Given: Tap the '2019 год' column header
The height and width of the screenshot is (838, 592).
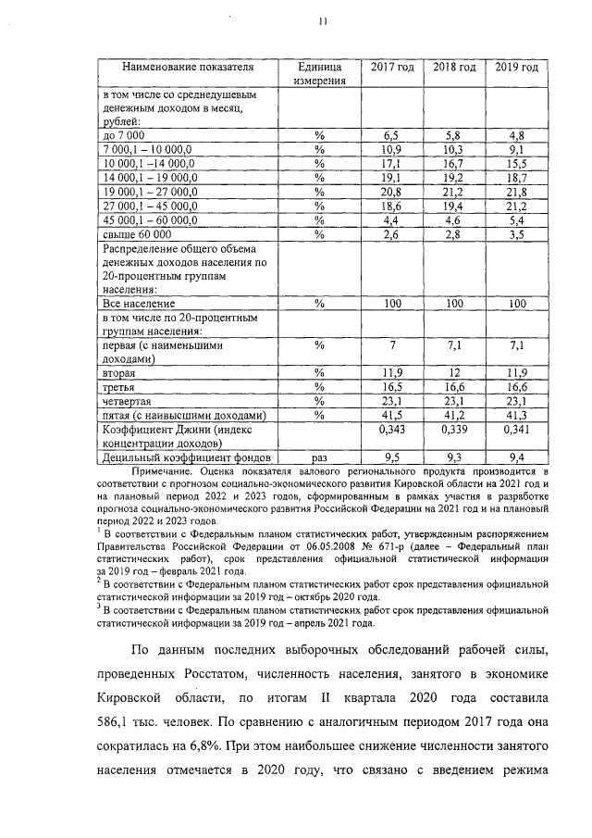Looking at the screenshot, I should [x=515, y=68].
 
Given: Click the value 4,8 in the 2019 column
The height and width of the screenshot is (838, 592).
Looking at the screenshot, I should [x=515, y=135].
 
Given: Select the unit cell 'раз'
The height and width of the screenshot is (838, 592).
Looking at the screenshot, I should [x=320, y=457].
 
